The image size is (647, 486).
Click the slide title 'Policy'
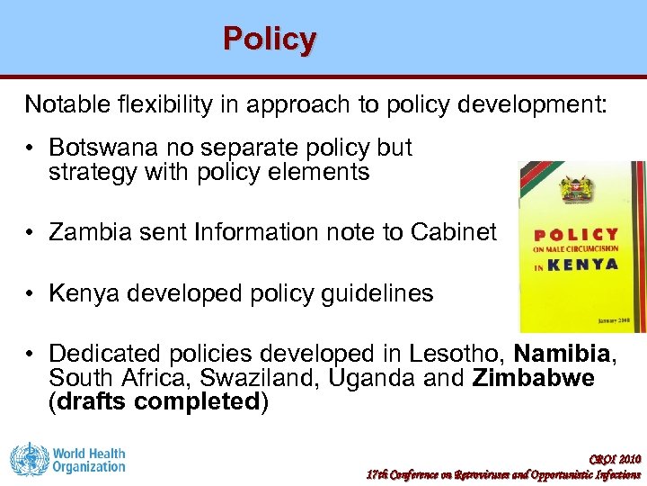coord(270,40)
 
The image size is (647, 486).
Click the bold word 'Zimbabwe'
coord(533,378)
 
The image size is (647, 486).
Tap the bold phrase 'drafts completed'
coord(158,401)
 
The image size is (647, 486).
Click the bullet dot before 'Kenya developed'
coord(31,294)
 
